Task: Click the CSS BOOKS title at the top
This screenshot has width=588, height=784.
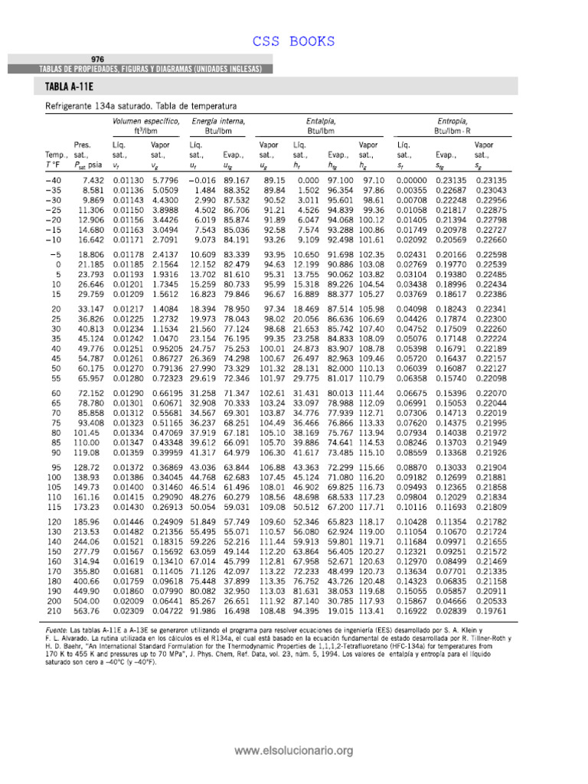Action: click(x=294, y=41)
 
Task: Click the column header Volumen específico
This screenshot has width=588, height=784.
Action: click(x=146, y=121)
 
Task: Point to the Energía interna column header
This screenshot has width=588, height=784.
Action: click(x=218, y=121)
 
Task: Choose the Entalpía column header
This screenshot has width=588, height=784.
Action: click(x=320, y=121)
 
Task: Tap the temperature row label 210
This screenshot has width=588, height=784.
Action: click(x=55, y=590)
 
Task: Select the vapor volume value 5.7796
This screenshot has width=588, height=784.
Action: click(x=165, y=179)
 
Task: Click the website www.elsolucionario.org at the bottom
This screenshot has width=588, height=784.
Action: click(x=294, y=751)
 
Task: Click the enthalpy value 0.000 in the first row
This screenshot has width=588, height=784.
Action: click(x=308, y=179)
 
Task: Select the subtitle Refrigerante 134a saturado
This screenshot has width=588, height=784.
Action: click(x=107, y=106)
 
